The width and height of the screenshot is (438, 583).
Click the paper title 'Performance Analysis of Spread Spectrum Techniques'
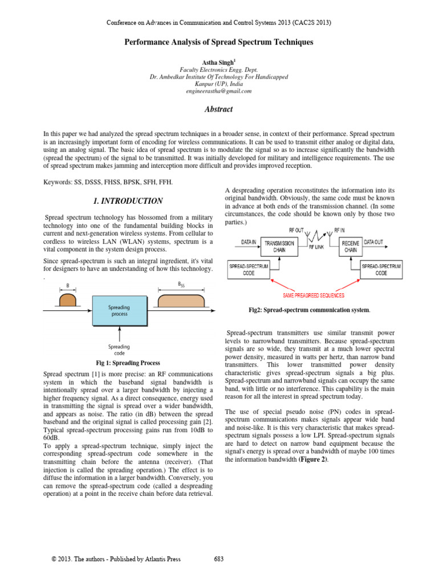click(219, 43)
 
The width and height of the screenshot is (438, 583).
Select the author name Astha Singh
click(218, 61)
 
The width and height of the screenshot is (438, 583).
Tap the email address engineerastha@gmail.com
click(218, 91)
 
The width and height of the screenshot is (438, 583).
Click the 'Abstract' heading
click(219, 109)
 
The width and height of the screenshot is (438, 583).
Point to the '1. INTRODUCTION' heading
click(128, 201)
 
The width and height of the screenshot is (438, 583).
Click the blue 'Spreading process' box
click(120, 310)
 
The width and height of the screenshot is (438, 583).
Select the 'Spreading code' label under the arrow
click(119, 350)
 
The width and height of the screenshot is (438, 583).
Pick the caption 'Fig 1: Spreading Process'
click(128, 363)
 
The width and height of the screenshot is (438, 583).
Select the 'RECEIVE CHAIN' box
click(351, 247)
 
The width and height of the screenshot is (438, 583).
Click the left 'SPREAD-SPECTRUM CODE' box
click(249, 270)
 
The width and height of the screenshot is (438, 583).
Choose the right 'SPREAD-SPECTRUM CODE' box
click(381, 270)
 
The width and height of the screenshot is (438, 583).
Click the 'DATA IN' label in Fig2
click(248, 241)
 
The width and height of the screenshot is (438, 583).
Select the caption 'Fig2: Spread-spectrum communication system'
click(309, 310)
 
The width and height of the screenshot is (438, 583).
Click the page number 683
click(218, 559)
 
